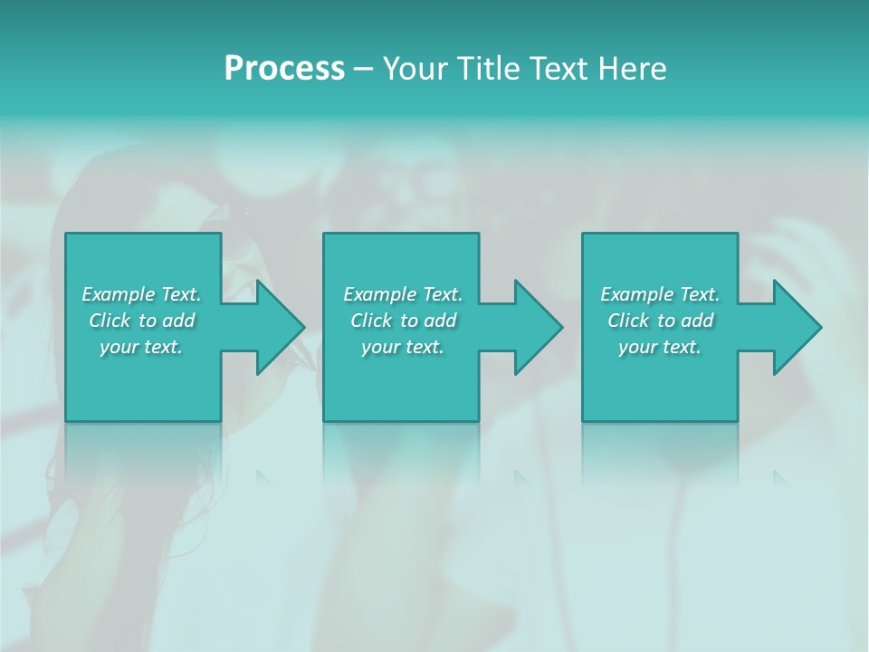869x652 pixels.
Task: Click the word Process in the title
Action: tap(284, 69)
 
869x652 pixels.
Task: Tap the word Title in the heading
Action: tap(486, 69)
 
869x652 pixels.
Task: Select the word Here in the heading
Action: tap(632, 69)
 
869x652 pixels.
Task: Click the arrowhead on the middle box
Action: tap(537, 327)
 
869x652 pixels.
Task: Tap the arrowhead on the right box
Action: tap(796, 327)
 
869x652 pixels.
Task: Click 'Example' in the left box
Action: tap(118, 294)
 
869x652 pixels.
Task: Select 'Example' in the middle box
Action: tap(379, 294)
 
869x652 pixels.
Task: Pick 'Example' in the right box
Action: tap(636, 294)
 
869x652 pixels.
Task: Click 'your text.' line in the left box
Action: tap(141, 347)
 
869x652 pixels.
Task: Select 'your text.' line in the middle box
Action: tap(403, 347)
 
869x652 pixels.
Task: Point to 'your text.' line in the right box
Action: tap(660, 347)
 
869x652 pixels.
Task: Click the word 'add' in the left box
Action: tap(178, 321)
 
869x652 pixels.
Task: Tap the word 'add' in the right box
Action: tap(697, 321)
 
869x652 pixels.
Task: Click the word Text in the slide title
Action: tap(559, 69)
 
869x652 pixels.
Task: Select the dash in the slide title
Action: tap(363, 69)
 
